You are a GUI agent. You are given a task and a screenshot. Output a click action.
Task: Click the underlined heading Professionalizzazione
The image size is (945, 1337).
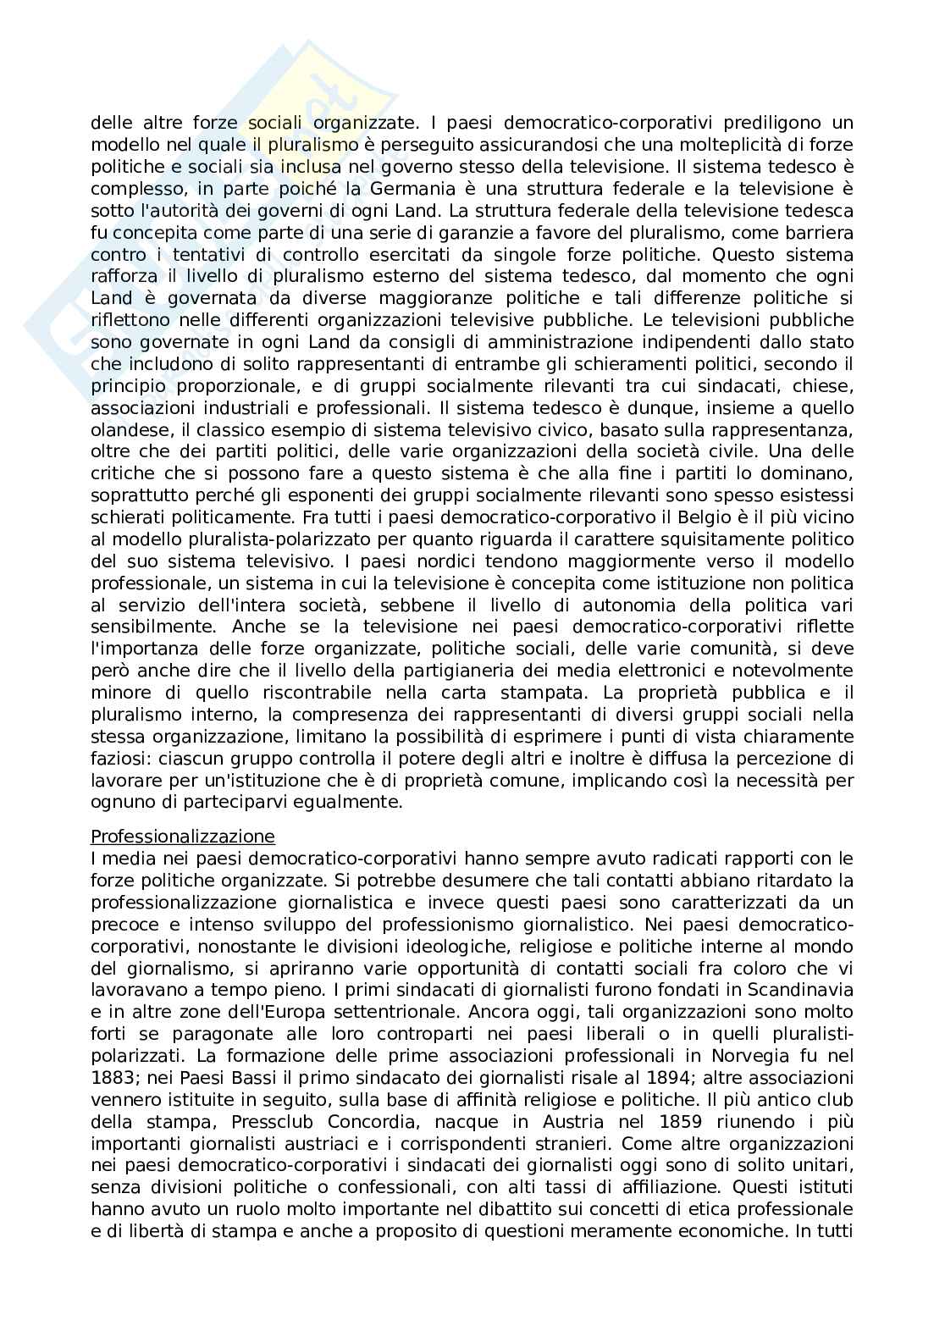pyautogui.click(x=183, y=837)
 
